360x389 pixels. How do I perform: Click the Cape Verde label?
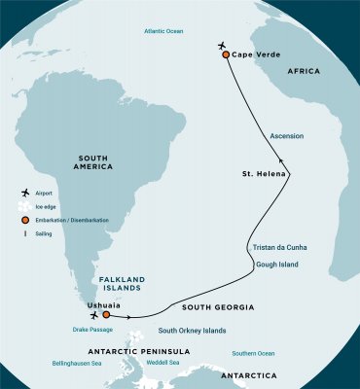tap(257, 55)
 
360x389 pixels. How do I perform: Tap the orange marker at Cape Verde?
tap(226, 55)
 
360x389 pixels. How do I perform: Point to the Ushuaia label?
tap(106, 304)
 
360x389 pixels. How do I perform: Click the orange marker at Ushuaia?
tap(106, 315)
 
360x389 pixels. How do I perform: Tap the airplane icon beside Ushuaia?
tap(93, 315)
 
